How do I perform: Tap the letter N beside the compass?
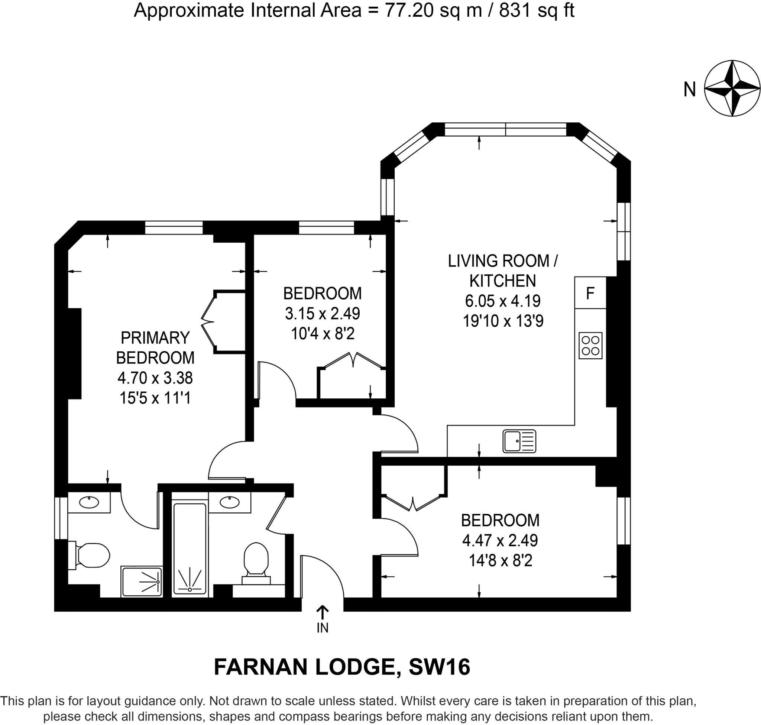(x=690, y=90)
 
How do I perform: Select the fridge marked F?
(x=590, y=293)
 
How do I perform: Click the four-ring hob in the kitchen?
(x=590, y=346)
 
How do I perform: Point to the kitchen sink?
(x=519, y=441)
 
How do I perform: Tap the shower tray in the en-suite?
(x=142, y=582)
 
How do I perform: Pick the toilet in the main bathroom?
(x=256, y=563)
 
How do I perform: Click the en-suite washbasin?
(x=89, y=502)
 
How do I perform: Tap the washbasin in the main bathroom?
(x=230, y=502)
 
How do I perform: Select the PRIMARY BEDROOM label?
(x=155, y=348)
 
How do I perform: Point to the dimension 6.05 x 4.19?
(x=503, y=301)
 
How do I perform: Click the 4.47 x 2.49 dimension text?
(x=500, y=540)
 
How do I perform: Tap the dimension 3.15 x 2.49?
(x=322, y=313)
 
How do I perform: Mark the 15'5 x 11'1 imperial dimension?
(x=155, y=398)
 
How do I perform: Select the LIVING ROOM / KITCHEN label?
(x=503, y=271)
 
